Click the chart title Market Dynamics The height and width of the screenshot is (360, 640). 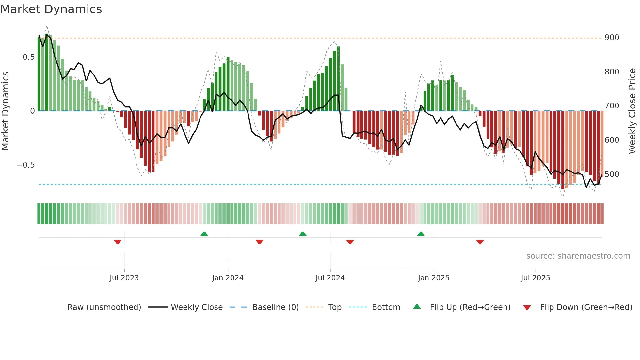click(51, 9)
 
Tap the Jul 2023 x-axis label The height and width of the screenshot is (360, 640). click(124, 278)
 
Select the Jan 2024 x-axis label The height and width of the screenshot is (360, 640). click(228, 278)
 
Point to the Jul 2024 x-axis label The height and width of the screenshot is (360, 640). click(330, 278)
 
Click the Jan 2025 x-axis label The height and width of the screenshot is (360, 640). click(434, 278)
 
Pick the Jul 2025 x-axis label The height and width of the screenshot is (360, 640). click(536, 278)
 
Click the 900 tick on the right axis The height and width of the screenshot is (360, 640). click(612, 38)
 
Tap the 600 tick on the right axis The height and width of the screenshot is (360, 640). click(612, 140)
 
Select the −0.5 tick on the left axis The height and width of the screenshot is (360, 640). click(26, 165)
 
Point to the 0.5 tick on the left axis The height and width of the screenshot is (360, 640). click(28, 57)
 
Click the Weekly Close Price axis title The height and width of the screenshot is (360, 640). click(632, 111)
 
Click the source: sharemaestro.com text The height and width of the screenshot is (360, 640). click(578, 256)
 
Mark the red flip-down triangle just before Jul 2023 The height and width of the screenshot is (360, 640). click(118, 242)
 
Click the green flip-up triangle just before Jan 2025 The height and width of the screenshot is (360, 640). click(421, 234)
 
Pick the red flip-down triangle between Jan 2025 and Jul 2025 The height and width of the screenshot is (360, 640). click(480, 242)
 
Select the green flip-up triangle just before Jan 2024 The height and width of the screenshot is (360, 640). click(204, 234)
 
